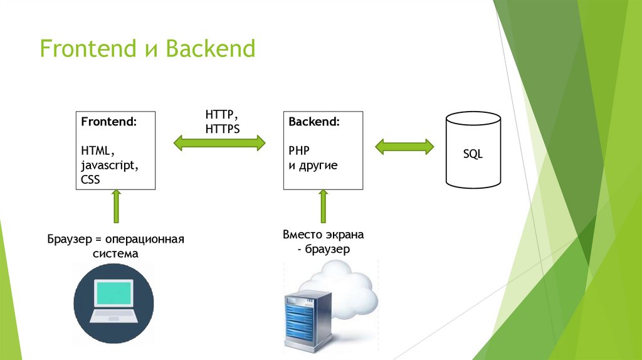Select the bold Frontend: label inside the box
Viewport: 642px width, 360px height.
tap(108, 122)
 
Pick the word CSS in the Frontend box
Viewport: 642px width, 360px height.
tap(90, 179)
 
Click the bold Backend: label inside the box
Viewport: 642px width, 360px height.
tap(314, 122)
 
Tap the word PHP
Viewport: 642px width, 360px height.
tap(300, 151)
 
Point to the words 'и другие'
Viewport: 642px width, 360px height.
tap(313, 166)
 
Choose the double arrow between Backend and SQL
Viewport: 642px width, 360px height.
tap(404, 147)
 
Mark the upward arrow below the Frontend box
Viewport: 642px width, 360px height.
tap(115, 207)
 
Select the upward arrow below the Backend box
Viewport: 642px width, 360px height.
tap(323, 207)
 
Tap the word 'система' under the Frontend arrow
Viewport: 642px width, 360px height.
tap(115, 254)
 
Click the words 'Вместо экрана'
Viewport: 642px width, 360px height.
tap(323, 235)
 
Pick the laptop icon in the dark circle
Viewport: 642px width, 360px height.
tap(113, 300)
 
